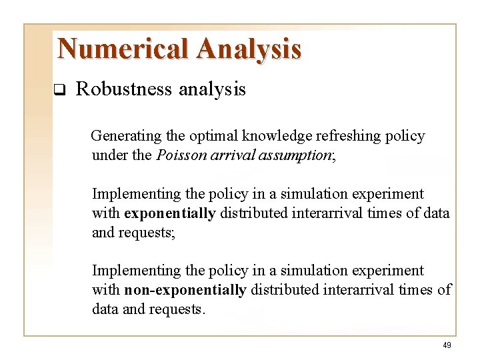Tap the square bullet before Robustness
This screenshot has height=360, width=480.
point(58,90)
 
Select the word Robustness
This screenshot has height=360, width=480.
point(125,89)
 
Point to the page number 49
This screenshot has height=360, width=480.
point(446,345)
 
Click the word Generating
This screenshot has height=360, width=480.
point(126,137)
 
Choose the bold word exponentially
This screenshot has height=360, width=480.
point(169,213)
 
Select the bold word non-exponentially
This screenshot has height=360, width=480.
point(185,290)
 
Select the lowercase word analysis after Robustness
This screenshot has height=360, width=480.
point(213,89)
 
